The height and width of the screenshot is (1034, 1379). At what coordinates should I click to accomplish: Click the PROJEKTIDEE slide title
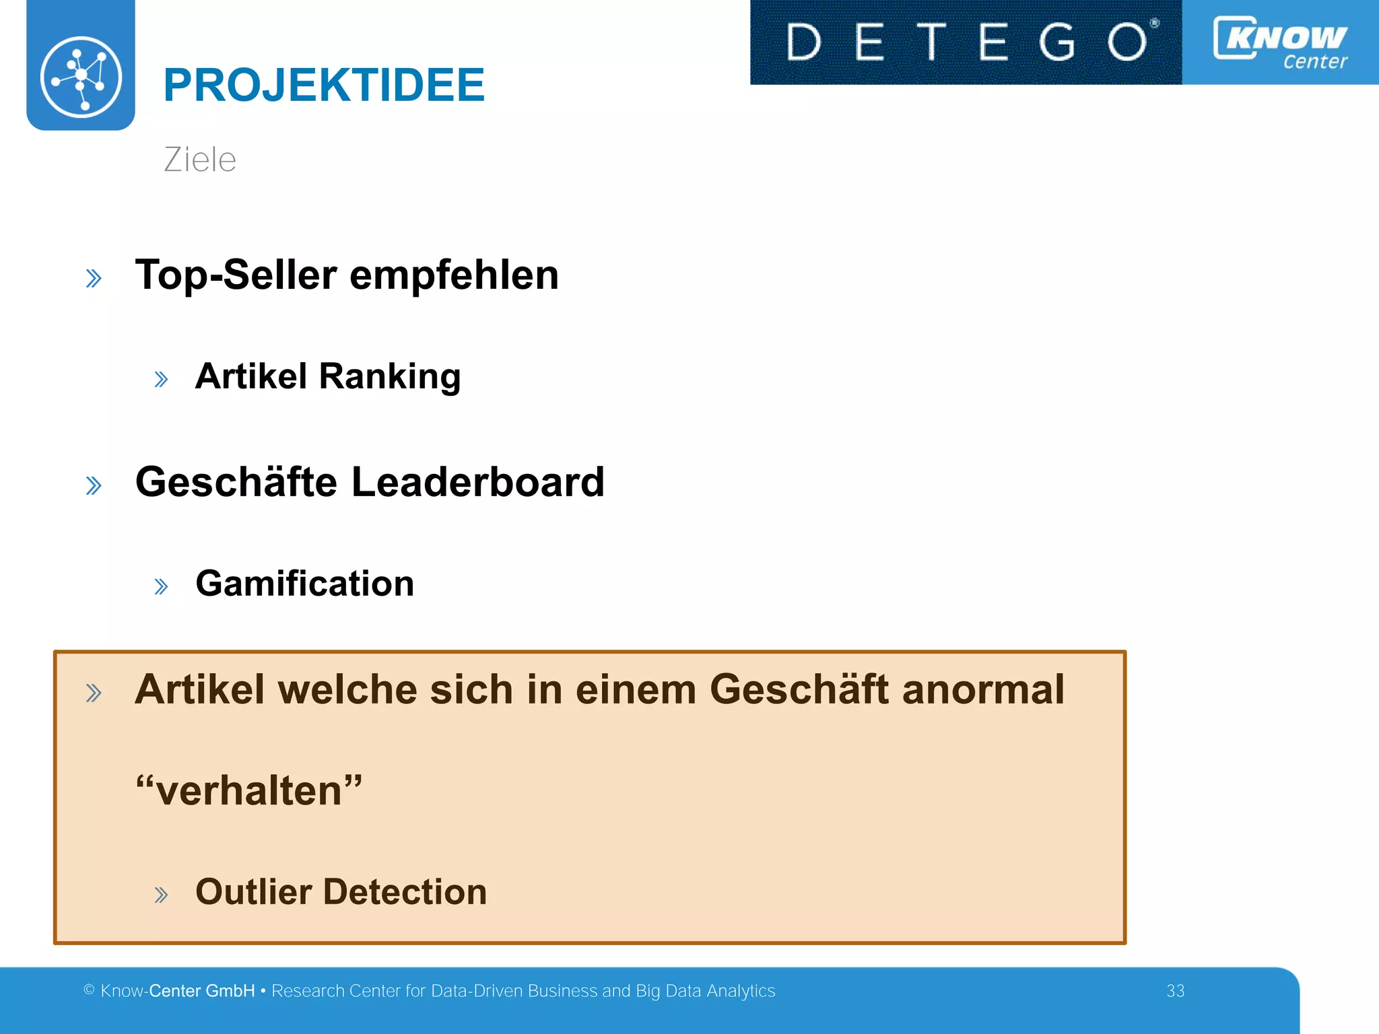323,85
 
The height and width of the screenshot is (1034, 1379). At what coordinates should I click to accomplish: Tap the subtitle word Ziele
200,160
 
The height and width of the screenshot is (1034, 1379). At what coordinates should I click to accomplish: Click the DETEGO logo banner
966,42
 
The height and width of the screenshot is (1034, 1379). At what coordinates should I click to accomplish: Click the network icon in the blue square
81,76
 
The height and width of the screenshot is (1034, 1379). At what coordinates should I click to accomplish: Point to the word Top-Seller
236,275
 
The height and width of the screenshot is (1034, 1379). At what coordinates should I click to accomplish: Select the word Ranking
390,376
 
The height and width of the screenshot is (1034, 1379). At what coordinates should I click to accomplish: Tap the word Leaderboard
477,482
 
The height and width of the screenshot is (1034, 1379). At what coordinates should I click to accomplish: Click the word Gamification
304,583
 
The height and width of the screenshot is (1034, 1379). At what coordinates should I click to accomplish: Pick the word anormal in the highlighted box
983,689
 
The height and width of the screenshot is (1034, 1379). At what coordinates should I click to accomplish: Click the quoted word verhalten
249,790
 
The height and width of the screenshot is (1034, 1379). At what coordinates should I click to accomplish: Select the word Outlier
253,891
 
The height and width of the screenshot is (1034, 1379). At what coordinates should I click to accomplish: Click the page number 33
1175,991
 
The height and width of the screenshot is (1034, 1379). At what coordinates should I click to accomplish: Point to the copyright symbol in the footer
89,990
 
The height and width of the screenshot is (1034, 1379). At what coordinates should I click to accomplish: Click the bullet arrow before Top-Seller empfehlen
94,278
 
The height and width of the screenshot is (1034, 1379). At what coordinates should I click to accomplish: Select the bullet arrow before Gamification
161,586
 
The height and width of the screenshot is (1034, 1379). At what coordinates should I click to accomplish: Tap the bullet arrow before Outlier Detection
161,895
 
